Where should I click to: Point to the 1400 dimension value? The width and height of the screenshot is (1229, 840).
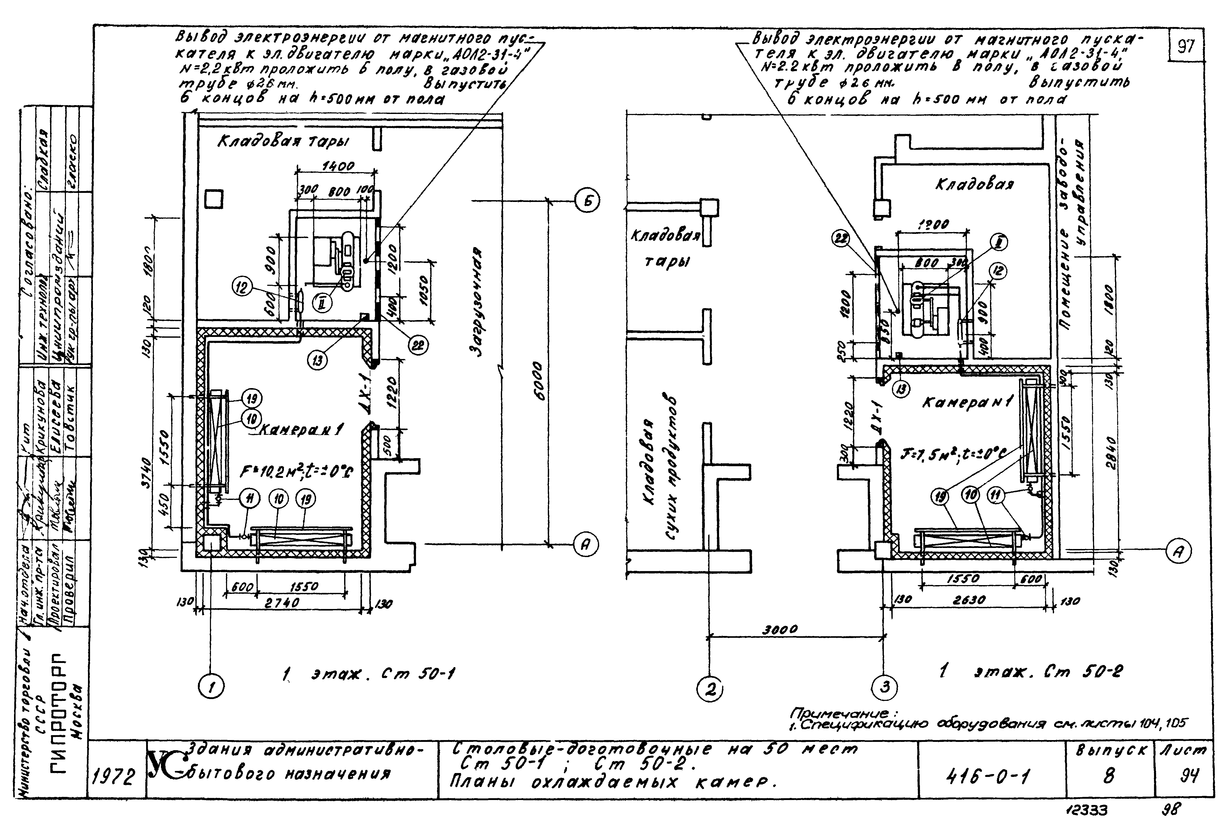pyautogui.click(x=338, y=166)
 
